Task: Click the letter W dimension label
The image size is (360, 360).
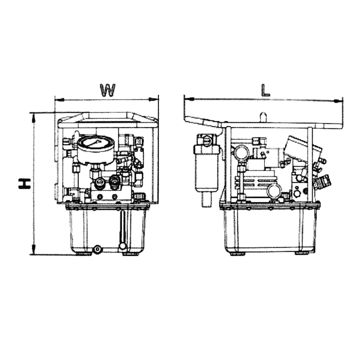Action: coord(108,90)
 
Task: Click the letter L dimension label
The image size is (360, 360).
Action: coord(265,90)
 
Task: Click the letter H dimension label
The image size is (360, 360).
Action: coord(25,184)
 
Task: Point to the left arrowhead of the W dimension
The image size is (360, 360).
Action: coord(60,100)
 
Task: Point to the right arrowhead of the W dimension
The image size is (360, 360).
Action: coord(153,100)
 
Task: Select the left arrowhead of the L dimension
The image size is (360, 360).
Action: coord(189,98)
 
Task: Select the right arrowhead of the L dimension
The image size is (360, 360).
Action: coord(338,101)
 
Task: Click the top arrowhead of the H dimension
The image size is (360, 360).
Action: coord(34,118)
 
